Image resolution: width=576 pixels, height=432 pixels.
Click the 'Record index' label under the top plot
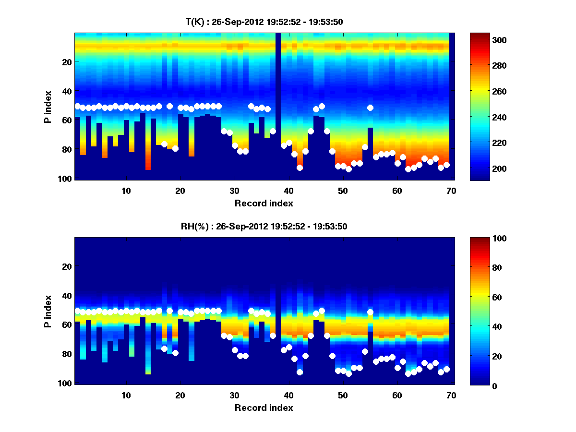click(264, 203)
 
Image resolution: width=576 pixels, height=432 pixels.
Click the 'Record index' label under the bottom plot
click(264, 408)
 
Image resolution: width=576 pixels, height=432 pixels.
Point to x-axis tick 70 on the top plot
click(451, 191)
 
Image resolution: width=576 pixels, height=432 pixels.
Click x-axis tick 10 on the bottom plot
click(126, 395)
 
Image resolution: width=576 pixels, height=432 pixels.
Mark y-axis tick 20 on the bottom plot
click(67, 266)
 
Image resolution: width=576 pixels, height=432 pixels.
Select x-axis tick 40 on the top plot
click(288, 191)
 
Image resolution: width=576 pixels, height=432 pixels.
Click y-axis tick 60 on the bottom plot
click(67, 325)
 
